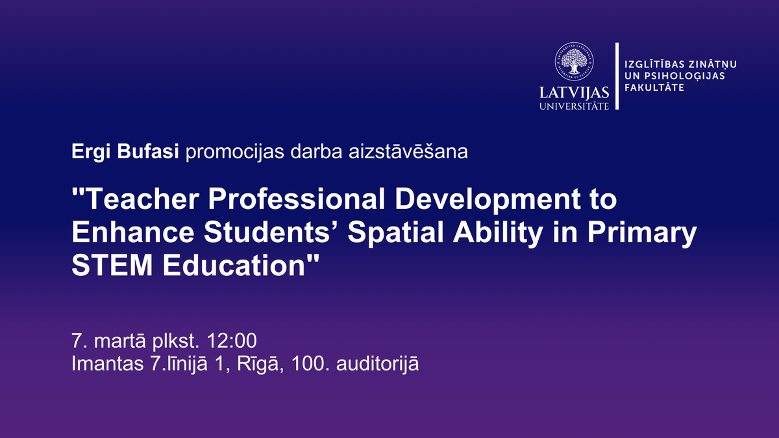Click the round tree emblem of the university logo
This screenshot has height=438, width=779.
[x=574, y=62]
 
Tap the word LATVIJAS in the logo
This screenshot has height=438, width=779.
[x=574, y=93]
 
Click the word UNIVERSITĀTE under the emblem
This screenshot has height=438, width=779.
[x=574, y=106]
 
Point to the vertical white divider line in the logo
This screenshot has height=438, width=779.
[x=617, y=76]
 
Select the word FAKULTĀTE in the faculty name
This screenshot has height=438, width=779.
[x=654, y=87]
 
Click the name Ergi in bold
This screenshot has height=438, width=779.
[x=91, y=152]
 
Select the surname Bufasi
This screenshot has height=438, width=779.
[x=148, y=151]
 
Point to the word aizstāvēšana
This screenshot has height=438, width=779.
[x=408, y=152]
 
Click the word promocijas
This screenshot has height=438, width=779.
[x=235, y=152]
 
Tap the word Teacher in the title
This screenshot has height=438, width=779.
[x=142, y=199]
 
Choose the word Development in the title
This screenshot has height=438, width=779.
[x=488, y=200]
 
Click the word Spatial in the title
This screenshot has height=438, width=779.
[x=396, y=233]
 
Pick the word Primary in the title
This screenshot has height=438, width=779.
[x=642, y=233]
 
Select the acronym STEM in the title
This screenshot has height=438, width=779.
[x=112, y=265]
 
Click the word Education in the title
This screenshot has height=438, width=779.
[x=234, y=265]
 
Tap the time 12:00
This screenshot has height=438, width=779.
[x=232, y=341]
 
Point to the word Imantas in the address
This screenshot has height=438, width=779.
[x=108, y=363]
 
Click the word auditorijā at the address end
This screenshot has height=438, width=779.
[x=377, y=364]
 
